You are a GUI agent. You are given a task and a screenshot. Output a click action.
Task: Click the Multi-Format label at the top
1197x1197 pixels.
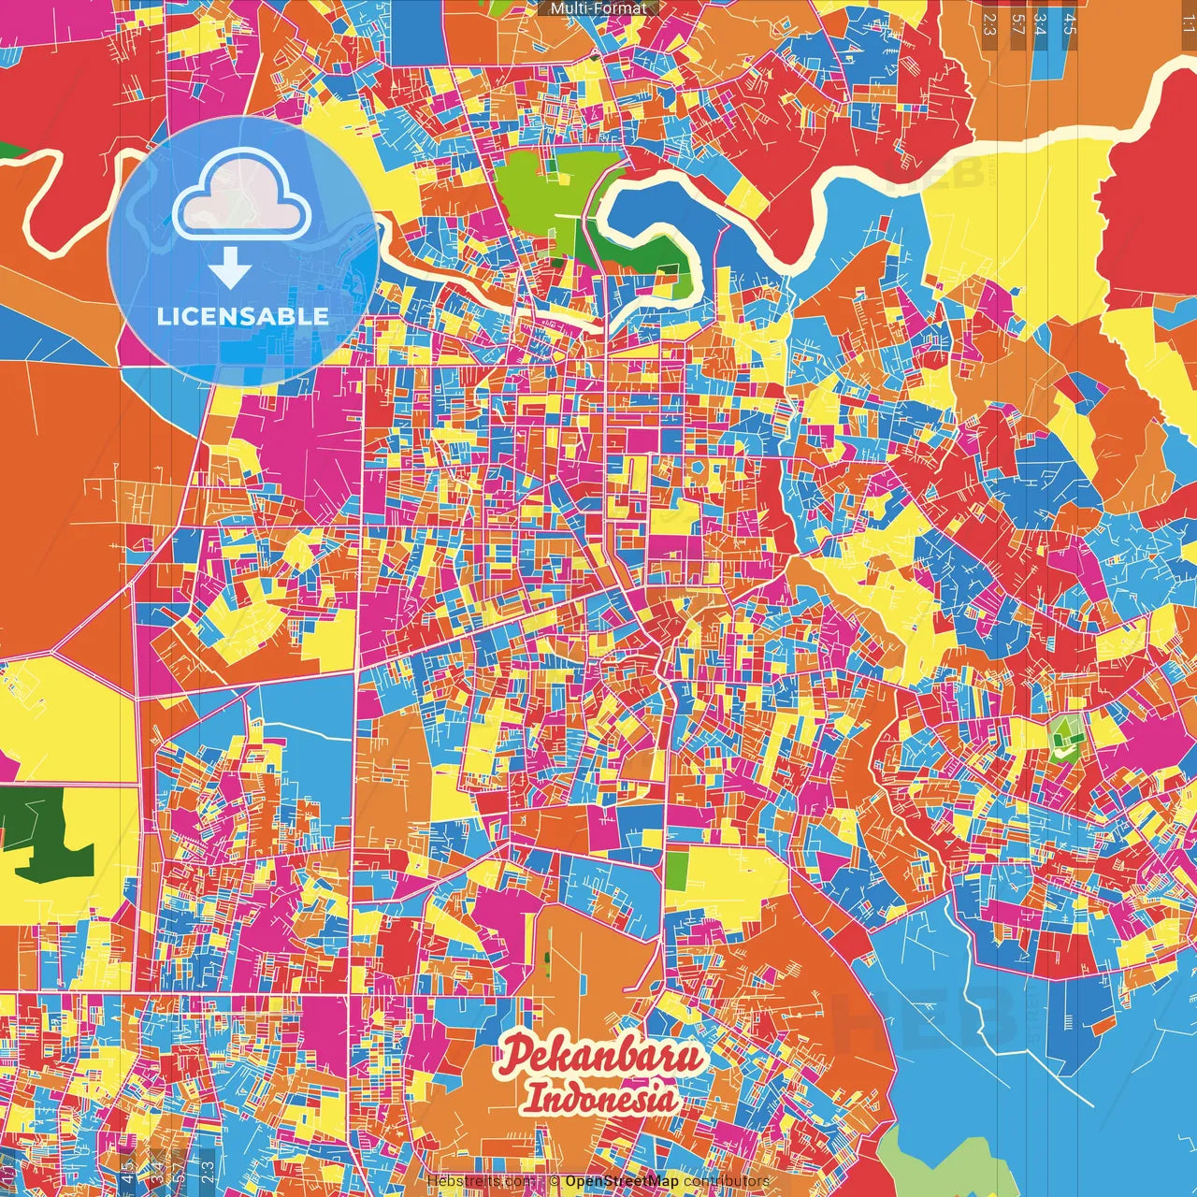pyautogui.click(x=598, y=8)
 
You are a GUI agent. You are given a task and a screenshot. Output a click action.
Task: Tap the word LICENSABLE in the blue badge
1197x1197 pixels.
pyautogui.click(x=243, y=316)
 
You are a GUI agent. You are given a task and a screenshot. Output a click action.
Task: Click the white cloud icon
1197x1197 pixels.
pyautogui.click(x=242, y=194)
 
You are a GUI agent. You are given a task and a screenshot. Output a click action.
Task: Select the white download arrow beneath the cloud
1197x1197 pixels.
pyautogui.click(x=230, y=269)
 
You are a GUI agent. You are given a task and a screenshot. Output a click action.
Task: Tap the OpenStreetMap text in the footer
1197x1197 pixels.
pyautogui.click(x=622, y=1181)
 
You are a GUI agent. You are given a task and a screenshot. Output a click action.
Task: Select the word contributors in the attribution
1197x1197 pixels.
pyautogui.click(x=727, y=1181)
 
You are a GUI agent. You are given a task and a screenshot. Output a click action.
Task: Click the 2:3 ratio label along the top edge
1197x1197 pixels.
pyautogui.click(x=989, y=24)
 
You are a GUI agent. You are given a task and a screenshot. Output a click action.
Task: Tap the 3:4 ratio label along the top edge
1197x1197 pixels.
pyautogui.click(x=1040, y=24)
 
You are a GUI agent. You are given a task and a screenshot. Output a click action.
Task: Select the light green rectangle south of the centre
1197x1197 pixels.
pyautogui.click(x=677, y=871)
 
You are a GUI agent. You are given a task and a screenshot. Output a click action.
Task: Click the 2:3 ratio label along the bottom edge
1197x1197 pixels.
pyautogui.click(x=207, y=1169)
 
